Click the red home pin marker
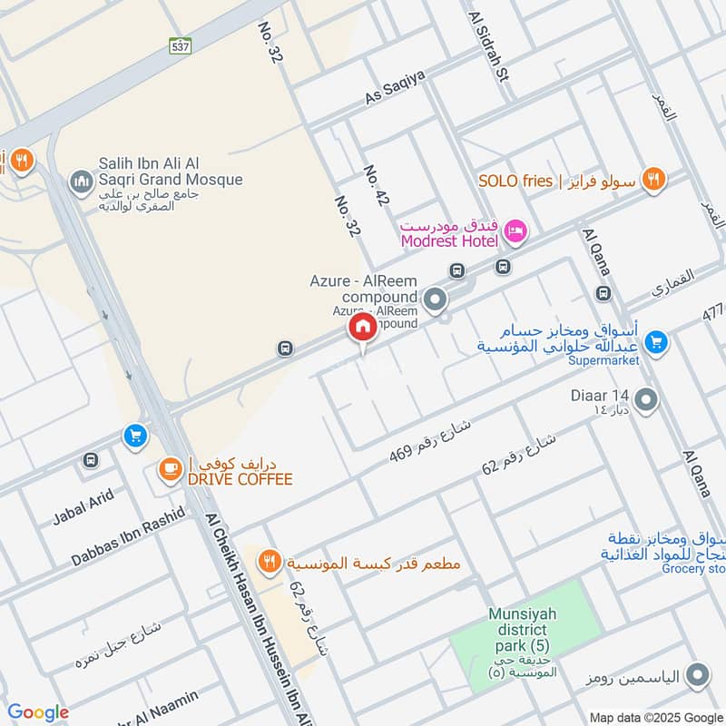[361, 329]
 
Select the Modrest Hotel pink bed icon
[515, 232]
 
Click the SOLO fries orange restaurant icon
[652, 180]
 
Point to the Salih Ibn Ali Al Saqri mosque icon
[83, 181]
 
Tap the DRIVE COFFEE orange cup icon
[169, 469]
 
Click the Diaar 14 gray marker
[646, 399]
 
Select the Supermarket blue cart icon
[655, 342]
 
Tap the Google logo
[38, 712]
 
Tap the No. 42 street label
[375, 185]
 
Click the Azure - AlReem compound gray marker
[436, 298]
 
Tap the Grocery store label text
[694, 569]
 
